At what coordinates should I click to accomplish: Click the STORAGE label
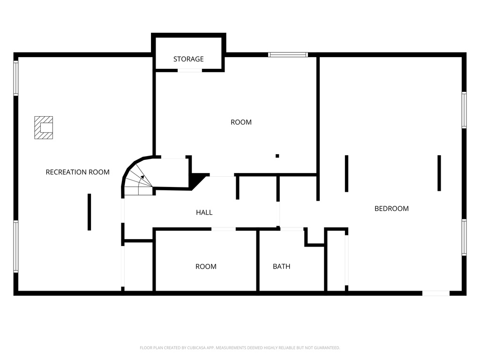click(x=188, y=59)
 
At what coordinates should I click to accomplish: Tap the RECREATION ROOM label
click(x=77, y=172)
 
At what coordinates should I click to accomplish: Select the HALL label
click(x=204, y=212)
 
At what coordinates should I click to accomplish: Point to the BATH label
click(x=281, y=266)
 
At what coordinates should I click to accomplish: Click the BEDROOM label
click(x=391, y=209)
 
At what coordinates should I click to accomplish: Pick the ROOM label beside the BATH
click(x=206, y=266)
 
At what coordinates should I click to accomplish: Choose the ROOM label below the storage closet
click(x=241, y=122)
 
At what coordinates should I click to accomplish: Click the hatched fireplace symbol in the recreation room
click(x=44, y=127)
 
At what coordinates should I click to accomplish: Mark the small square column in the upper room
click(x=277, y=156)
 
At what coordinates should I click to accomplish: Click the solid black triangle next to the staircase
click(x=197, y=180)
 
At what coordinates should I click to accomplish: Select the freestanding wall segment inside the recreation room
click(x=89, y=212)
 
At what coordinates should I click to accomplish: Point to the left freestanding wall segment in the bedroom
click(x=346, y=173)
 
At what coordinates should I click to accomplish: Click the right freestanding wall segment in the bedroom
click(x=439, y=173)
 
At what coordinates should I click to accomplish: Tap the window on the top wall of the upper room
click(x=288, y=55)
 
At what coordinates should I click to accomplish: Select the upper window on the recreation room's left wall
click(x=16, y=78)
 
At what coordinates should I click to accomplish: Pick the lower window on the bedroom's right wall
click(x=464, y=237)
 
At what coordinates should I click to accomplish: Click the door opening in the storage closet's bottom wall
click(x=190, y=70)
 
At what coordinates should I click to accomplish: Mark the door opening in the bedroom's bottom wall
click(x=436, y=293)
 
